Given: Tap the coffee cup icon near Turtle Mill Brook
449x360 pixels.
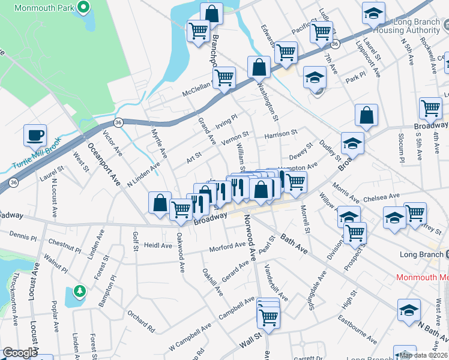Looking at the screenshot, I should tap(35, 134).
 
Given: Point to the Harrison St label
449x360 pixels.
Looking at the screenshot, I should tap(281, 134).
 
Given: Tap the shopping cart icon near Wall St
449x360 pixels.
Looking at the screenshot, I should tap(268, 316).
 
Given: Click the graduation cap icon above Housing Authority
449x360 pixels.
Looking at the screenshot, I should tap(373, 12).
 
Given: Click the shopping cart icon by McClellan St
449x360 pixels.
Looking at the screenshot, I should tap(224, 77).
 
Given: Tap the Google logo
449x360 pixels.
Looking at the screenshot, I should tap(20, 353).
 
